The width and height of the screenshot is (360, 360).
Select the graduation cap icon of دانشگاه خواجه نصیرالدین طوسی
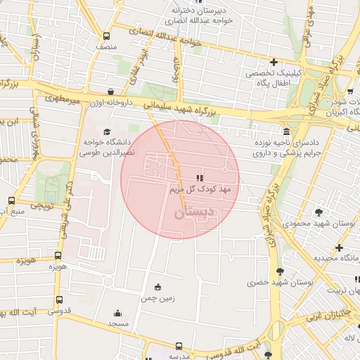coord(107,131)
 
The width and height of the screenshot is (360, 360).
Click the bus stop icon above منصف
coord(106,37)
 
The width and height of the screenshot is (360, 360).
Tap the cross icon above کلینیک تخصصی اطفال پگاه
coord(274,62)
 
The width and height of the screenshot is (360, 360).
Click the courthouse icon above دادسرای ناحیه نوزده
coord(286,131)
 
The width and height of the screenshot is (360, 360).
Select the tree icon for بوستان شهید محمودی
coord(320,212)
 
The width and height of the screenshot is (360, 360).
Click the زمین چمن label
coord(157,298)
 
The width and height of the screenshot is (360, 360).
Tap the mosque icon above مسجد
coord(117,314)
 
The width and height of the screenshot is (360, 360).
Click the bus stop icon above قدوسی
coord(58,300)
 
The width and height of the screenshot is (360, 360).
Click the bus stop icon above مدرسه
coord(179,347)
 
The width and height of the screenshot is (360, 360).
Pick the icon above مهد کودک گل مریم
coord(200,178)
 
